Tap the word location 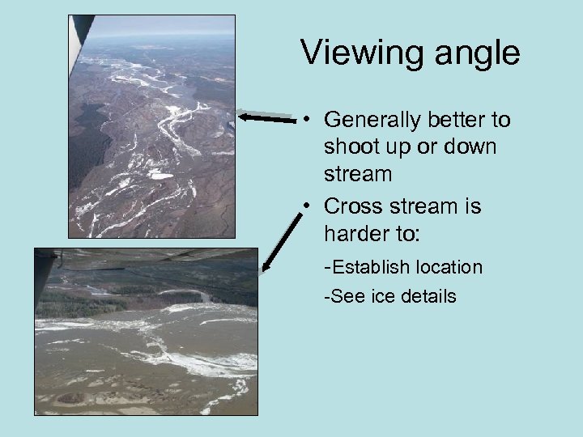[x=449, y=267]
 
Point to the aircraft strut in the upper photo [x=79, y=36]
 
